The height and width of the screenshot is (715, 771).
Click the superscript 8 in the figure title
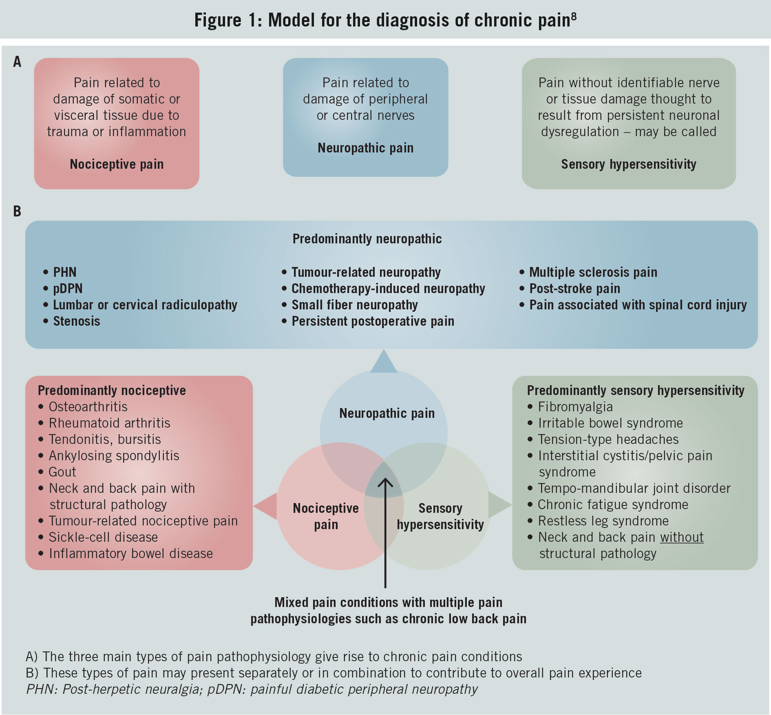click(574, 16)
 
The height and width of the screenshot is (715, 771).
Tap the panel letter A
click(17, 62)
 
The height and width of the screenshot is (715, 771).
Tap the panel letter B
click(17, 211)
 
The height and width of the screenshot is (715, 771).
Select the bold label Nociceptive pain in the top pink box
click(117, 164)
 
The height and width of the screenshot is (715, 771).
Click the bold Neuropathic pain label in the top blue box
click(365, 148)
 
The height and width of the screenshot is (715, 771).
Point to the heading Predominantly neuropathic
click(367, 238)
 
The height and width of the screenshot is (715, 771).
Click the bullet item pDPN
click(68, 289)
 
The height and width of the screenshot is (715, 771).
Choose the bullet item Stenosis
click(76, 321)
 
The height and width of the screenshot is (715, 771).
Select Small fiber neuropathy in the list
click(354, 305)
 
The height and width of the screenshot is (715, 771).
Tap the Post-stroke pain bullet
click(574, 289)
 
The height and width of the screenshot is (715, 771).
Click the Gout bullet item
click(62, 472)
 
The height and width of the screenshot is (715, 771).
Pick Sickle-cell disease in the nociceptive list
click(103, 537)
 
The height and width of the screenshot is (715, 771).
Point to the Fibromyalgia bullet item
click(575, 407)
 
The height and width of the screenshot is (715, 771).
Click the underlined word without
click(682, 537)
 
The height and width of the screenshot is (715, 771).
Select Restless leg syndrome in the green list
click(603, 521)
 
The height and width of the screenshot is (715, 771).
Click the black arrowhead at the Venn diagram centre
click(385, 483)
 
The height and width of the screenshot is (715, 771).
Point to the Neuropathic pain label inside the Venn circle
click(387, 413)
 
